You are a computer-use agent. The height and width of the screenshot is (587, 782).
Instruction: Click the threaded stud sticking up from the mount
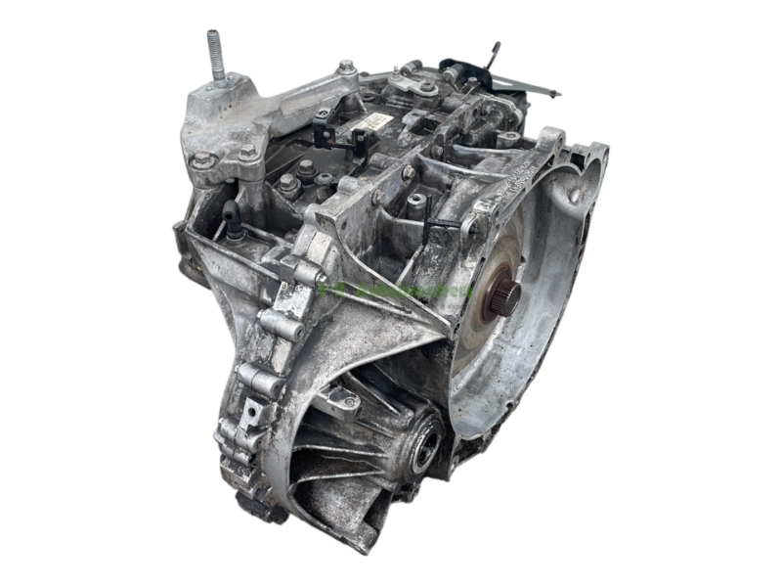pos(214,55)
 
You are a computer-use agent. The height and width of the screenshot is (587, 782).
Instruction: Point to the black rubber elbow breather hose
pos(234,220)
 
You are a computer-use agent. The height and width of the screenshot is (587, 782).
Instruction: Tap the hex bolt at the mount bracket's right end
pos(346,68)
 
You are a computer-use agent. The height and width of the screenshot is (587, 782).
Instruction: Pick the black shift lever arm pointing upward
pos(494,53)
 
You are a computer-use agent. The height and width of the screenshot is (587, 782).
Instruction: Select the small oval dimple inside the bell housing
pos(569,194)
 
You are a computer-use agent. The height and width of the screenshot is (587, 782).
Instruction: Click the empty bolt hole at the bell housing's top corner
pos(586,155)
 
